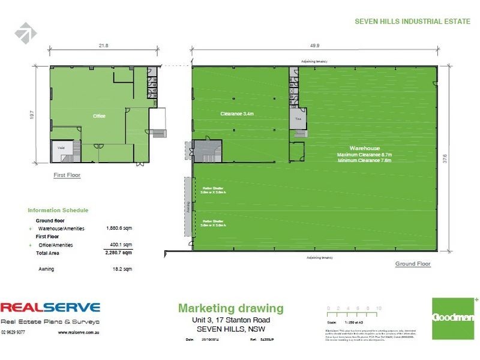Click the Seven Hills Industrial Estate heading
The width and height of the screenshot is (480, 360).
pos(413,21)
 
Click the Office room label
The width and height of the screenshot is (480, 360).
pos(99,116)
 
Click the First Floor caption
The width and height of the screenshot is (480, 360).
pos(67,175)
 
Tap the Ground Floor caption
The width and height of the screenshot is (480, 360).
pos(413,264)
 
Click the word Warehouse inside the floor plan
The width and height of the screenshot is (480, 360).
pos(365,148)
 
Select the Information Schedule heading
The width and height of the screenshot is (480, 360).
pos(58,211)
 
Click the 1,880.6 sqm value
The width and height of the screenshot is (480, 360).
pos(119,229)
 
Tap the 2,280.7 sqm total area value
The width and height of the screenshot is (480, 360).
pos(119,253)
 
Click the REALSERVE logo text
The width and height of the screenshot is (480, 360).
pos(50,308)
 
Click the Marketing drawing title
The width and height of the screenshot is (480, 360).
pos(230,308)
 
